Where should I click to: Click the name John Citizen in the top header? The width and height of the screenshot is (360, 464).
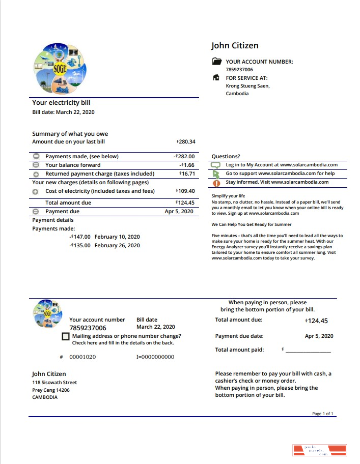[x=235, y=46]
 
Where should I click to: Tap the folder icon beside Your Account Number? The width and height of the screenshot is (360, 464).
[x=217, y=62]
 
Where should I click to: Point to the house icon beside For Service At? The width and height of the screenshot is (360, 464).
[x=216, y=78]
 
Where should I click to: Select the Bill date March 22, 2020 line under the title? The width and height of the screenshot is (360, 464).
[x=63, y=112]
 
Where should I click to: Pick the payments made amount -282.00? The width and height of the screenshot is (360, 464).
[x=184, y=156]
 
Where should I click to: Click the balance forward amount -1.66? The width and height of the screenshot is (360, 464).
[x=188, y=165]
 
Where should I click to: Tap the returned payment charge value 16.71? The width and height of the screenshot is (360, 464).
[x=187, y=173]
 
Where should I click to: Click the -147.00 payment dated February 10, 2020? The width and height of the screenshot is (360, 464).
[x=80, y=237]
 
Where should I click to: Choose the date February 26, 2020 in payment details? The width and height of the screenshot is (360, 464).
[x=117, y=245]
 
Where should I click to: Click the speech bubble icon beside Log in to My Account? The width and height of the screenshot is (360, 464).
[x=216, y=165]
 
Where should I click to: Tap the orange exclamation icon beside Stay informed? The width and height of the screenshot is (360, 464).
[x=216, y=182]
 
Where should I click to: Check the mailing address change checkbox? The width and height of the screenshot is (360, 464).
[x=65, y=336]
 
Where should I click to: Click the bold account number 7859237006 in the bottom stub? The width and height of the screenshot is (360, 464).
[x=88, y=328]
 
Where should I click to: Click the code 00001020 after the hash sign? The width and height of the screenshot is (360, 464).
[x=82, y=357]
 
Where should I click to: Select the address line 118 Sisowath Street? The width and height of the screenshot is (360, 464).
[x=54, y=382]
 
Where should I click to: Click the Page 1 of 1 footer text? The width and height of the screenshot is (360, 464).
[x=322, y=414]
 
